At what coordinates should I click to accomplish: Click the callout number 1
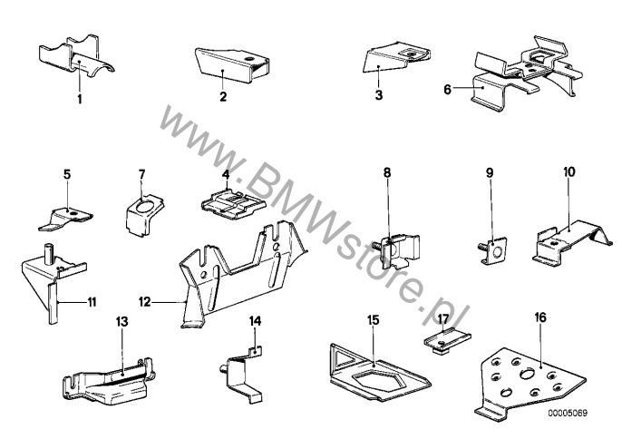(x=80, y=99)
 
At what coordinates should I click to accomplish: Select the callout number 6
(x=448, y=90)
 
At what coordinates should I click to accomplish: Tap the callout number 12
(x=145, y=302)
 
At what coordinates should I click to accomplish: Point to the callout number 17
(x=443, y=318)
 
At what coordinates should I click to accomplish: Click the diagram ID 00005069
(x=568, y=414)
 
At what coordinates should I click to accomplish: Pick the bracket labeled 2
(x=232, y=64)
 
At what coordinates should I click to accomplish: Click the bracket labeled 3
(x=396, y=56)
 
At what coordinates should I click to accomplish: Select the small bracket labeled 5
(x=66, y=219)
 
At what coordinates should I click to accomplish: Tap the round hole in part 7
(x=144, y=207)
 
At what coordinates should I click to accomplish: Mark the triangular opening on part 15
(x=344, y=359)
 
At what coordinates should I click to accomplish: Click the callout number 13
(x=122, y=321)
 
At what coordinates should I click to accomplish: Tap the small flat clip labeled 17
(x=448, y=340)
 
